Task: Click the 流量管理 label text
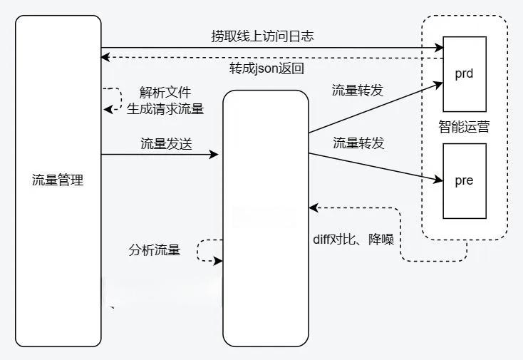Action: tap(58, 180)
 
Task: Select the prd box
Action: tap(464, 73)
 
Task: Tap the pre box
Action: tap(464, 180)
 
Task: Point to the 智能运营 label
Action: tap(464, 128)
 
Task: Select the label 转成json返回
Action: tap(267, 69)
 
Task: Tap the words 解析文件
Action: tap(165, 93)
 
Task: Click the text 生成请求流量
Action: tap(165, 109)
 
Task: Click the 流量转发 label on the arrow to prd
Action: tap(358, 91)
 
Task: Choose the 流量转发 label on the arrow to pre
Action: tap(358, 143)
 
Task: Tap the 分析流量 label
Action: tap(155, 250)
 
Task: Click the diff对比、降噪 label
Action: tap(353, 240)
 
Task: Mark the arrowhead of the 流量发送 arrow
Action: tap(214, 154)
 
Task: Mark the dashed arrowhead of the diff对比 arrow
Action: tap(313, 207)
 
